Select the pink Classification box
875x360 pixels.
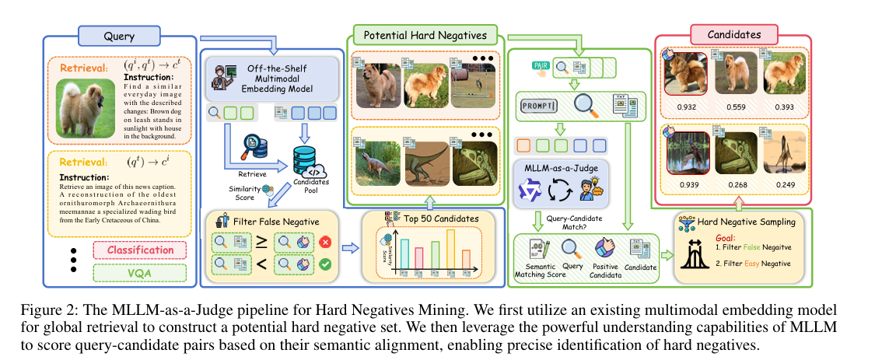pos(140,250)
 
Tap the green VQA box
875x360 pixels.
pos(140,273)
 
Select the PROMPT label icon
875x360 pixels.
pos(541,103)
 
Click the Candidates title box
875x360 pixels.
pos(733,35)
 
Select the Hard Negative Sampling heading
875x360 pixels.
pos(744,222)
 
